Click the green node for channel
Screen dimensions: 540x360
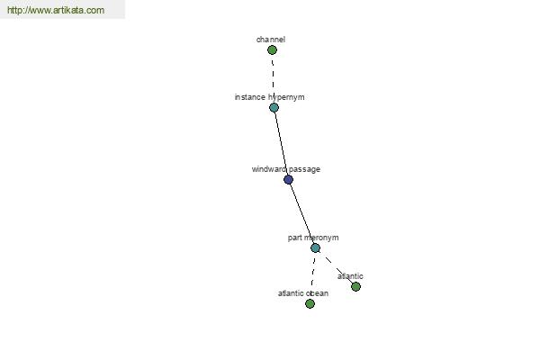pos(272,50)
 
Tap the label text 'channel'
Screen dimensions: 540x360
pos(271,40)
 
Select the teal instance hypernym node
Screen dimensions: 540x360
pos(274,107)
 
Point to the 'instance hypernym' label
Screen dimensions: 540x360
pos(269,97)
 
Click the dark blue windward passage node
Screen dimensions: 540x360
pos(288,179)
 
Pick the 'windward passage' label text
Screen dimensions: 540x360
pos(286,169)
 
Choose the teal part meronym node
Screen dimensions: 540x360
pos(315,248)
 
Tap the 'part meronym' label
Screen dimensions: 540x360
pos(313,238)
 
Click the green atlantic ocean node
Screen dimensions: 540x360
pos(310,303)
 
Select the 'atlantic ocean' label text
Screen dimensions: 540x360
pos(303,293)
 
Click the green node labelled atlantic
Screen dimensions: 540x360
pos(355,286)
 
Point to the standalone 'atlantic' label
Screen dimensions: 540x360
pos(350,276)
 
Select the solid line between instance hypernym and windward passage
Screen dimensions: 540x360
pos(281,143)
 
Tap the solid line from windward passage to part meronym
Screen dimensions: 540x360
pos(301,213)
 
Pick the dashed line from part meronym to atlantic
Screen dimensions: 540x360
pos(336,267)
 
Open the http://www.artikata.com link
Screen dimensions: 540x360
pos(56,10)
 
